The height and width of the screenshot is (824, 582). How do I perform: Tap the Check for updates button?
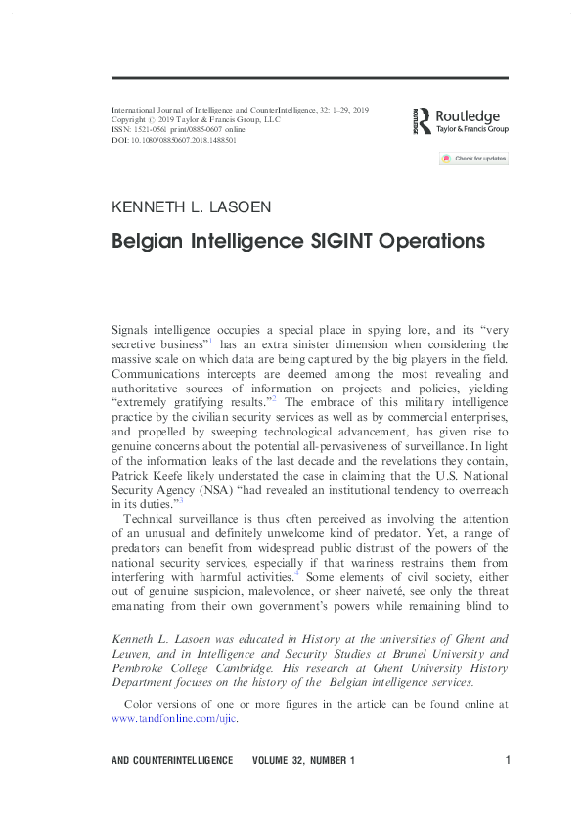click(473, 159)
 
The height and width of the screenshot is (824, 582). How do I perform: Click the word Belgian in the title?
click(150, 241)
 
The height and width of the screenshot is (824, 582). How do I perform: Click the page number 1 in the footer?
click(509, 760)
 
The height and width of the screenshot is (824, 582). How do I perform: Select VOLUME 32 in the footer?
click(280, 760)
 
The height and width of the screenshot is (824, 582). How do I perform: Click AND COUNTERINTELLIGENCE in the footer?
click(173, 760)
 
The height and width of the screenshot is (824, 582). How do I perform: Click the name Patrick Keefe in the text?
click(149, 471)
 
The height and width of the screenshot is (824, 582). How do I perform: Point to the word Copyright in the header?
click(130, 120)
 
